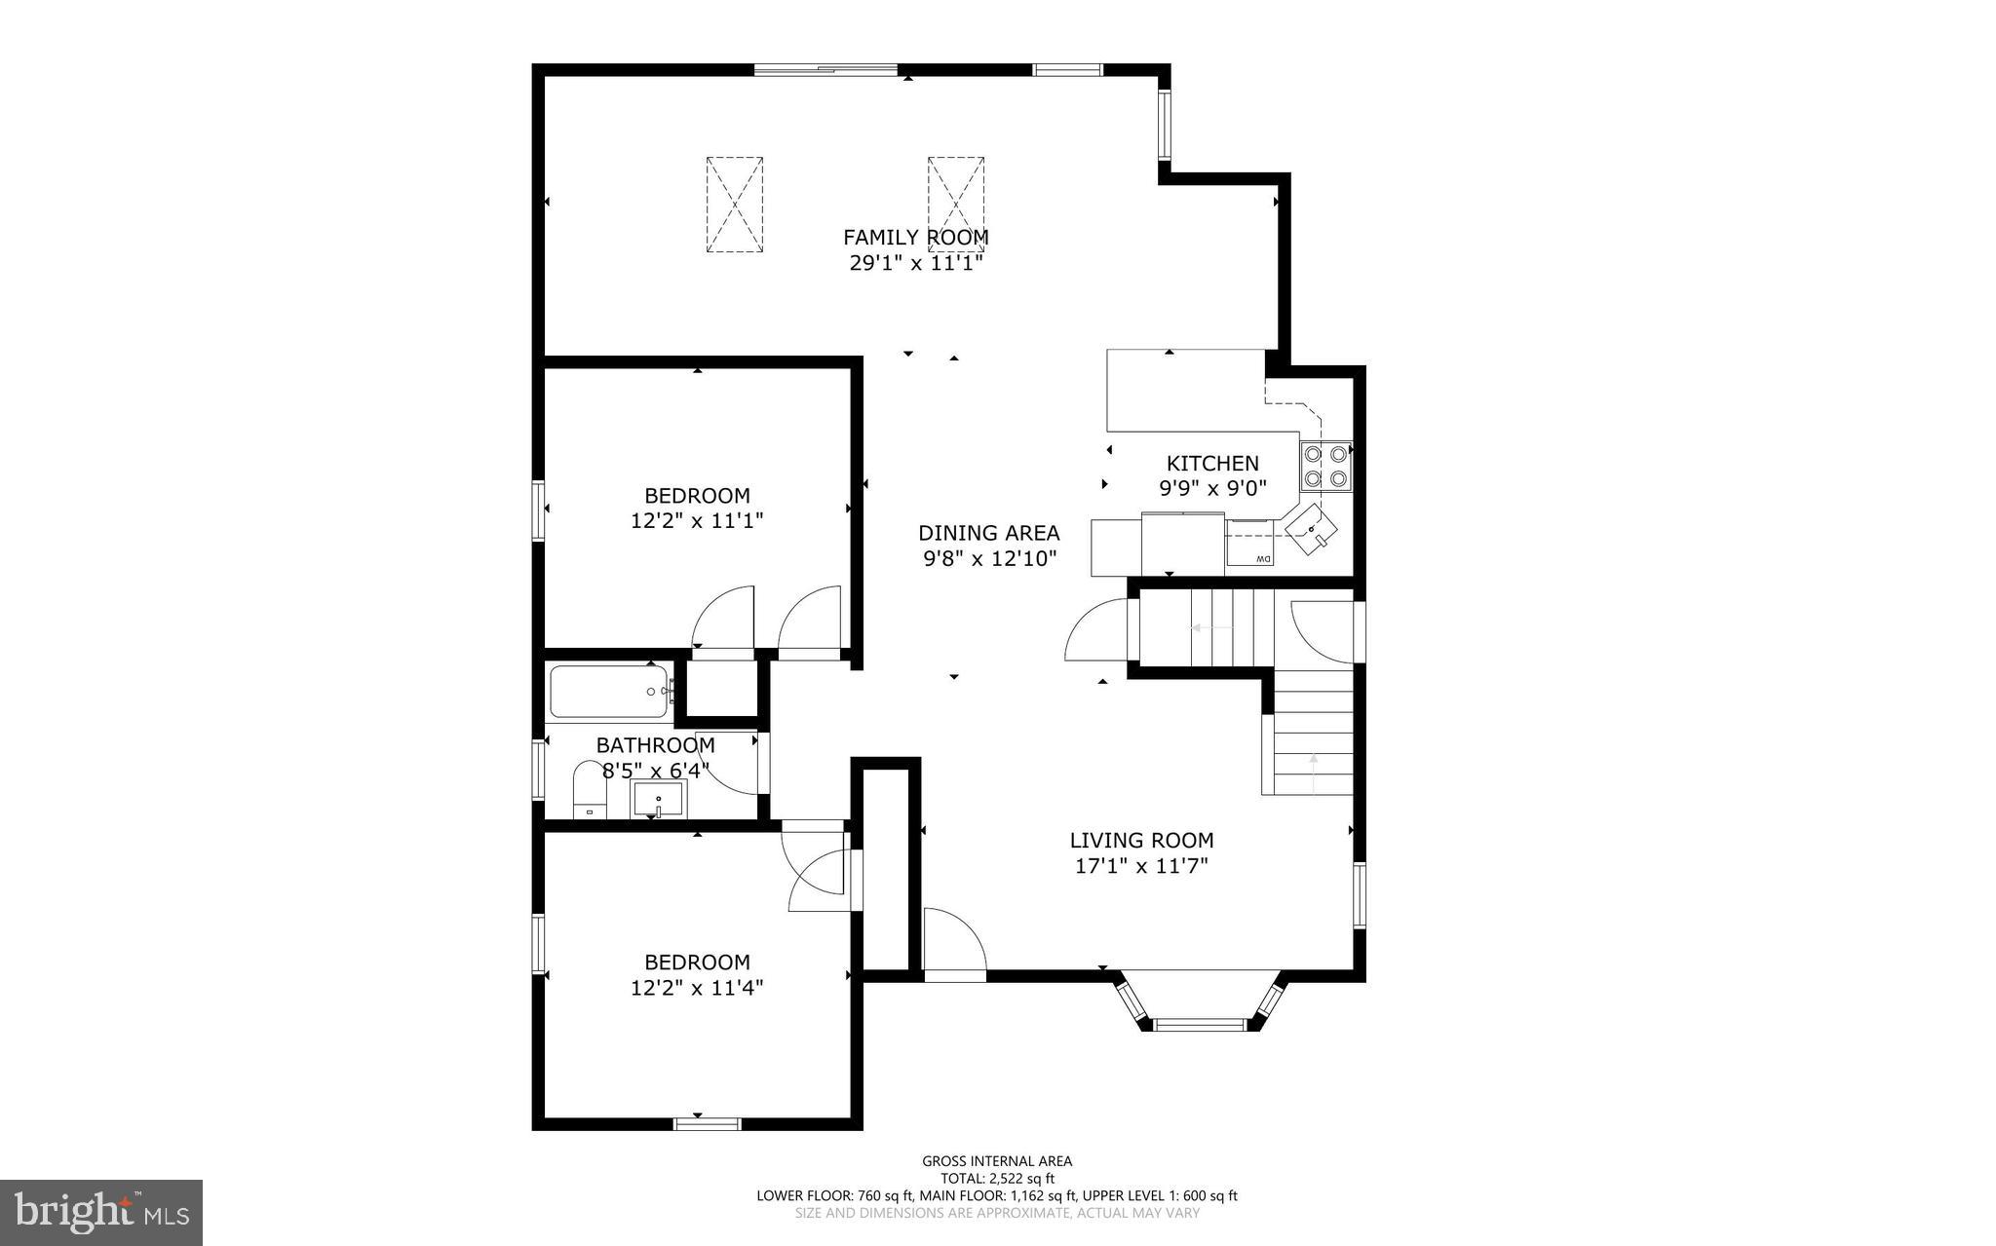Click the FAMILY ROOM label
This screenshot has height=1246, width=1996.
915,237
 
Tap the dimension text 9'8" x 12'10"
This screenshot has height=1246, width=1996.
989,559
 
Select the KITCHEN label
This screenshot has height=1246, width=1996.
1212,464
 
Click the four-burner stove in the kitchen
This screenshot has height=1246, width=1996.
1324,466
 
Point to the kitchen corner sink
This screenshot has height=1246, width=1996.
1312,530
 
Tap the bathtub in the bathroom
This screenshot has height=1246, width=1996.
609,691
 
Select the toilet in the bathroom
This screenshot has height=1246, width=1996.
589,792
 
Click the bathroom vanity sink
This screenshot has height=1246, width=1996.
660,799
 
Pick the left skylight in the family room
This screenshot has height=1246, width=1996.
734,205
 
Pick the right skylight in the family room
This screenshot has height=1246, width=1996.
955,205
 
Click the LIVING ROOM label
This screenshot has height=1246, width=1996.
1141,840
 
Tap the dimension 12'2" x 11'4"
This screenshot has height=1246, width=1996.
696,988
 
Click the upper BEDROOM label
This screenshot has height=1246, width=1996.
696,495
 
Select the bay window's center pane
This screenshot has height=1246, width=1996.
1200,1024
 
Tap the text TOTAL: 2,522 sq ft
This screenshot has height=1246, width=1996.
997,1178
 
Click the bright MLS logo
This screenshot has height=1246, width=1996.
101,1212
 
